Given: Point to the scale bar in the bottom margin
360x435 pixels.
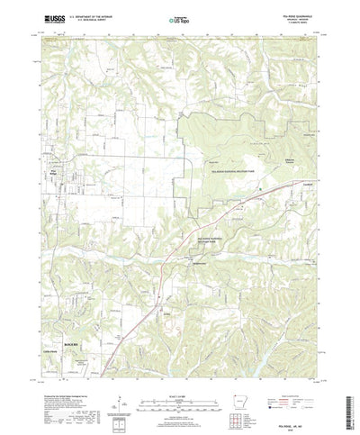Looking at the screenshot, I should [x=179, y=402].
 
